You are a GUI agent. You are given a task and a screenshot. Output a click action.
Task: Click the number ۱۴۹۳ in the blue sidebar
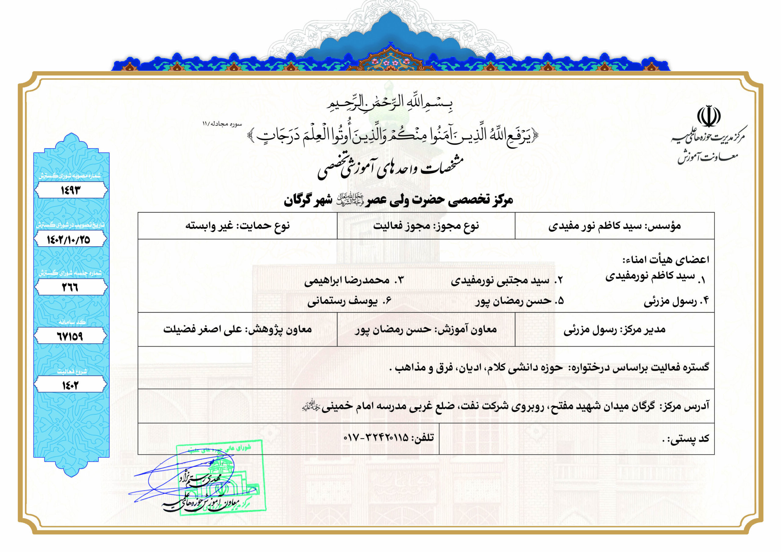tap(71, 190)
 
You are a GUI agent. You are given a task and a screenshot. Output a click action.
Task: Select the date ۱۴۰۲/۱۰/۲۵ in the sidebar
tap(69, 240)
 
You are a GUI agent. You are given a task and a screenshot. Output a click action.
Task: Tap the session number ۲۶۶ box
tap(70, 287)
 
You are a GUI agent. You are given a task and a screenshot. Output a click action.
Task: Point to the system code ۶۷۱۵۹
tap(70, 336)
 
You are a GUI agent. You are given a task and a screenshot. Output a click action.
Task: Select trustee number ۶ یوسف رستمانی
tap(350, 301)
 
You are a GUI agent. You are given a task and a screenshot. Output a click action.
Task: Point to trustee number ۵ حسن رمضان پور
tap(520, 301)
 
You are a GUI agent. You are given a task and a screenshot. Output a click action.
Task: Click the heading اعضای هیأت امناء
tap(666, 260)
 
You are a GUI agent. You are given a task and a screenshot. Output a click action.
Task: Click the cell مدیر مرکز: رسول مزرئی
tap(614, 330)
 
